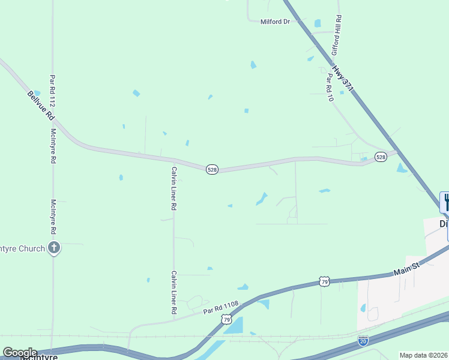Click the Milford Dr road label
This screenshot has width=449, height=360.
click(x=275, y=22)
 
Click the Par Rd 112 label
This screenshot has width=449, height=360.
click(x=53, y=91)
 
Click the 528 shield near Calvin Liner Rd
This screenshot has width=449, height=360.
click(x=211, y=170)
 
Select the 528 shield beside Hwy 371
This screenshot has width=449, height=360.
click(x=381, y=157)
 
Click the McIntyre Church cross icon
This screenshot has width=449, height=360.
click(x=54, y=248)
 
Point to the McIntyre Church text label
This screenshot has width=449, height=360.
click(x=22, y=248)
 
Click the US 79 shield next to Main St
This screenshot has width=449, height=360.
click(x=324, y=281)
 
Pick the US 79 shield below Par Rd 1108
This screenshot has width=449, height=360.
click(x=226, y=320)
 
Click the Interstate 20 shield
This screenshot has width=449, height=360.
click(x=363, y=340)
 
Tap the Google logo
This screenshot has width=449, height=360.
click(x=20, y=353)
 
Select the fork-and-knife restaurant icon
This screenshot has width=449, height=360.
click(x=445, y=202)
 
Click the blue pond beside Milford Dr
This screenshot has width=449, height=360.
click(x=317, y=23)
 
